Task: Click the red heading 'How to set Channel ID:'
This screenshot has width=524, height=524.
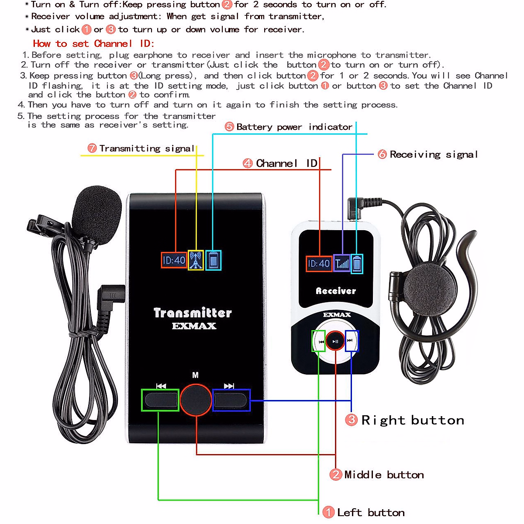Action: (x=93, y=44)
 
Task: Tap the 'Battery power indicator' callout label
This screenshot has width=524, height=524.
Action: (x=289, y=127)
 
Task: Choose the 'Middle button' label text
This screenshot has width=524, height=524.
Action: (x=378, y=475)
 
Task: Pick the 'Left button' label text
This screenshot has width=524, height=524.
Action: (x=365, y=513)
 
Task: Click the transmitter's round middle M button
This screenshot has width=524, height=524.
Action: (x=196, y=400)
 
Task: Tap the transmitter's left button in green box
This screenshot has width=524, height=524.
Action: (x=161, y=400)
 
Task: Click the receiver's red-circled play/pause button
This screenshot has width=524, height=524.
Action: (x=335, y=341)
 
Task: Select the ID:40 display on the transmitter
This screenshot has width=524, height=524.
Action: (x=174, y=260)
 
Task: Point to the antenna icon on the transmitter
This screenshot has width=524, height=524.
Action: (x=196, y=260)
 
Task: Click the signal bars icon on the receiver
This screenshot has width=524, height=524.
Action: (x=342, y=263)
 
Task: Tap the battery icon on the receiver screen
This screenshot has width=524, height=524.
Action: (x=357, y=263)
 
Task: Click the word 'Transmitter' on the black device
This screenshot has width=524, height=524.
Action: (x=193, y=313)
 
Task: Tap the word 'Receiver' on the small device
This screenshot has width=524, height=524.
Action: (x=336, y=291)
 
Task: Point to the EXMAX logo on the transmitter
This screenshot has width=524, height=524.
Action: (x=194, y=326)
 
